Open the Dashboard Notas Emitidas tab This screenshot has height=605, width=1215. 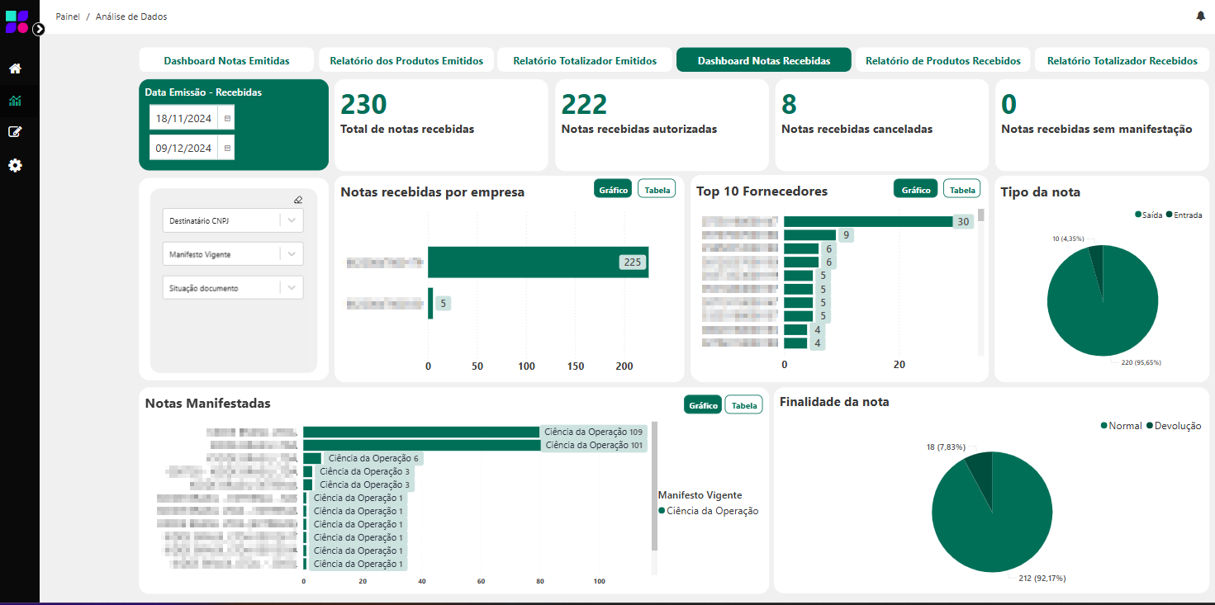[226, 60]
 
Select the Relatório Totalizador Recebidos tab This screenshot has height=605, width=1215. [1122, 60]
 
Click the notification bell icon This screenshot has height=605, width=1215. [1200, 16]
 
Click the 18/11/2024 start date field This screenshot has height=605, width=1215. [184, 118]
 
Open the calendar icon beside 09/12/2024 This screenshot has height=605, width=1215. [228, 148]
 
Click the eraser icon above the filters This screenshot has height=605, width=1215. [298, 199]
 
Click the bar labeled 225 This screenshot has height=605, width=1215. [538, 262]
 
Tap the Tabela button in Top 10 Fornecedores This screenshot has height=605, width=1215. [961, 189]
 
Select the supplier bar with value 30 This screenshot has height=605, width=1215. [867, 221]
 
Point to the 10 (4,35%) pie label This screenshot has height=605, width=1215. [1067, 239]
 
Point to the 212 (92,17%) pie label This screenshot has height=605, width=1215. [1042, 578]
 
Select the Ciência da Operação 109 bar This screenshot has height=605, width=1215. [421, 432]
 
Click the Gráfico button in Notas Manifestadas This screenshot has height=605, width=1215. [702, 405]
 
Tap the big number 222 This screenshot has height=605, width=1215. [584, 104]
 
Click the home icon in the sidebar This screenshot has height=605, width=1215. [15, 69]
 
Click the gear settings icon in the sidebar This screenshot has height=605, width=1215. [15, 165]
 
